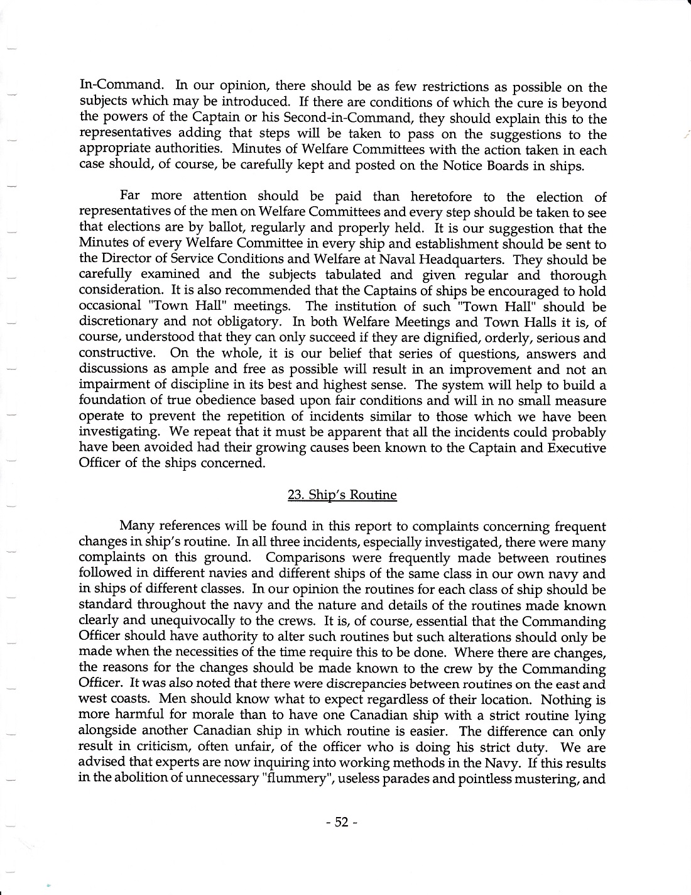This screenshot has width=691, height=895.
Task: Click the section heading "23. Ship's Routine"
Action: click(x=342, y=495)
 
